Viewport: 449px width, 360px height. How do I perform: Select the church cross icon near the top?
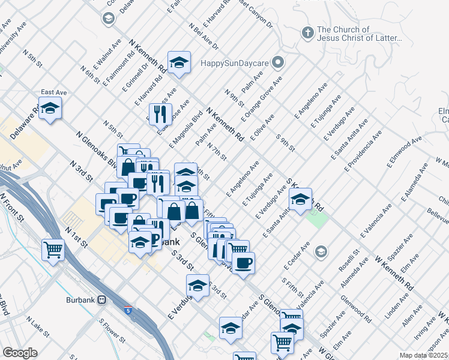point(307,32)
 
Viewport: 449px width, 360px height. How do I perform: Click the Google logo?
point(20,353)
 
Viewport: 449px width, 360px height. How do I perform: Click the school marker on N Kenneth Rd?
point(179,62)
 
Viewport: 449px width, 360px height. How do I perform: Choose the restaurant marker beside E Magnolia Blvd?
point(160,113)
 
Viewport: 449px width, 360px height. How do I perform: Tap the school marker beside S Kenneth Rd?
point(301,199)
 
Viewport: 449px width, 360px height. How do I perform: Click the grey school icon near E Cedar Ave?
point(321,251)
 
